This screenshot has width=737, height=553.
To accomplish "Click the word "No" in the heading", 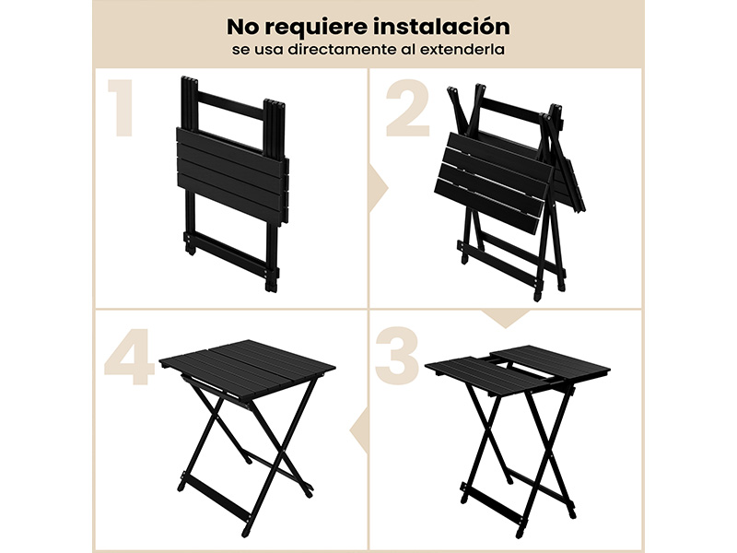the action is (x=242, y=27).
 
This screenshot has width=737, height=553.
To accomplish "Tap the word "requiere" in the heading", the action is (x=315, y=29).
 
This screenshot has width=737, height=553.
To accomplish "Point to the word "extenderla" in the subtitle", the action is (x=462, y=50).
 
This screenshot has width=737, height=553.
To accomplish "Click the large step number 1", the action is (x=121, y=108).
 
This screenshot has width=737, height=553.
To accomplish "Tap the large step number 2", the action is (x=408, y=108).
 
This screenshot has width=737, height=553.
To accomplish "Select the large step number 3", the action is (x=398, y=356).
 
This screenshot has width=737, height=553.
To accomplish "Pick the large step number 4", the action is (x=129, y=357).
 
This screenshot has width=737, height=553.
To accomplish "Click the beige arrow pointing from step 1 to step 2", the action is (x=379, y=189).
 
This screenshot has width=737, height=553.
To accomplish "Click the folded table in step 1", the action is (x=230, y=183).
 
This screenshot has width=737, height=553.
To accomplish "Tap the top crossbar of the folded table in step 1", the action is (x=230, y=100).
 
